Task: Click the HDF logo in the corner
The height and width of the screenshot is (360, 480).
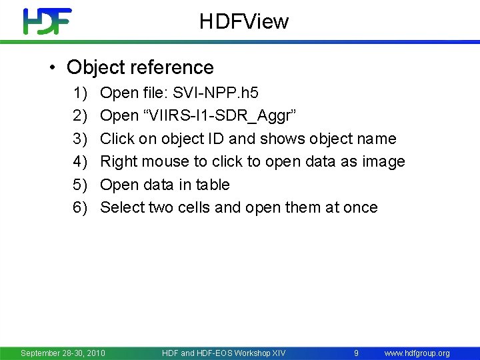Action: point(47,21)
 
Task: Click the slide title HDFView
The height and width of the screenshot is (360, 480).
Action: point(244,22)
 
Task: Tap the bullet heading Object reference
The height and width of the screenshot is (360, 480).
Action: point(140,67)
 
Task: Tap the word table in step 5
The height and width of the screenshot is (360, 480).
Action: point(213,185)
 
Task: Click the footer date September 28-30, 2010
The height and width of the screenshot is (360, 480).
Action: point(63,353)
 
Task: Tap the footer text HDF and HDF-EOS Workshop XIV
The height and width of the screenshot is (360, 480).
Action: point(223,353)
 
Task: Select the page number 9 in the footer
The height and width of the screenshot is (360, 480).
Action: point(357,353)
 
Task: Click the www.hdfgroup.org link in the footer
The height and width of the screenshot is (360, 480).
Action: point(417,353)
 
